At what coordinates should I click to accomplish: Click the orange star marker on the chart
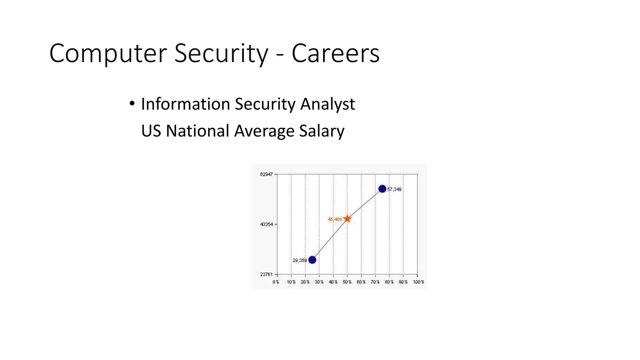tap(347, 219)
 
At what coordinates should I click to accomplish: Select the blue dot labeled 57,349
tap(382, 189)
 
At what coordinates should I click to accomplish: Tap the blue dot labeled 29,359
tap(312, 260)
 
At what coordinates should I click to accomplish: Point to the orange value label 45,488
tap(335, 219)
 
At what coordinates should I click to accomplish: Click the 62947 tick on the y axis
tap(266, 174)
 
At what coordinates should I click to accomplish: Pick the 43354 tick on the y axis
tap(266, 224)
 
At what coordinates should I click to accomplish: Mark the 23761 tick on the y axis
tap(266, 274)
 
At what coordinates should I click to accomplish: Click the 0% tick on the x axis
tap(276, 282)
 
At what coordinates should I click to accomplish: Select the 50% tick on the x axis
tap(347, 282)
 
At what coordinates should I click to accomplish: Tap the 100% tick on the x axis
tap(418, 282)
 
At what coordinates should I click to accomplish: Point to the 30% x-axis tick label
tap(319, 282)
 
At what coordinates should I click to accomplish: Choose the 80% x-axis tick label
tap(389, 282)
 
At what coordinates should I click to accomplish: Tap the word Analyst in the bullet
tap(327, 104)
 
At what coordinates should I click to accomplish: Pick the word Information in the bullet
tap(186, 104)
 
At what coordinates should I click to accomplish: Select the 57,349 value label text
tap(394, 189)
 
